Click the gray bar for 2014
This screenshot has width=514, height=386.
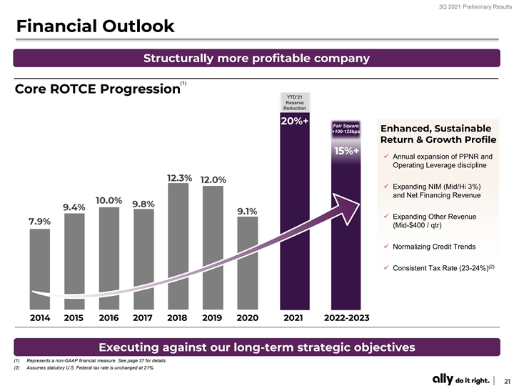point(40,269)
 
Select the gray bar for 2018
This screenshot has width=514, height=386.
point(178,246)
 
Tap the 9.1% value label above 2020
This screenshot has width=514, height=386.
point(247,212)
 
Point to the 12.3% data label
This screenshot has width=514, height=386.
point(179,178)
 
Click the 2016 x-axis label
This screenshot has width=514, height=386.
point(109,317)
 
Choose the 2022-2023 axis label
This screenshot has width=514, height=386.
point(346,317)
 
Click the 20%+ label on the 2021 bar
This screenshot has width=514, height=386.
point(295,121)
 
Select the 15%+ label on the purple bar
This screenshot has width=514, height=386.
point(347,151)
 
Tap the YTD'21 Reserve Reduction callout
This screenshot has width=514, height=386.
point(295,102)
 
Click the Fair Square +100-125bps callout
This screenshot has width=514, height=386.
point(346,129)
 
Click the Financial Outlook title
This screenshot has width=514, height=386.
point(96,26)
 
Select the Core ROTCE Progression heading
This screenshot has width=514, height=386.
point(98,89)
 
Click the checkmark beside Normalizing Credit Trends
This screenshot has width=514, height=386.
point(386,246)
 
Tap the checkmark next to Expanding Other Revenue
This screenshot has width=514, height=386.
point(386,216)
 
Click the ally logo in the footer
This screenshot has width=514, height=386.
point(443,379)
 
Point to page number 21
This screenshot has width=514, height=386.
point(507,381)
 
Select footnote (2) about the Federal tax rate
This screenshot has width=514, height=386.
point(84,367)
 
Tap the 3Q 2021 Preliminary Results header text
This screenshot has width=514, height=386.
point(475,7)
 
